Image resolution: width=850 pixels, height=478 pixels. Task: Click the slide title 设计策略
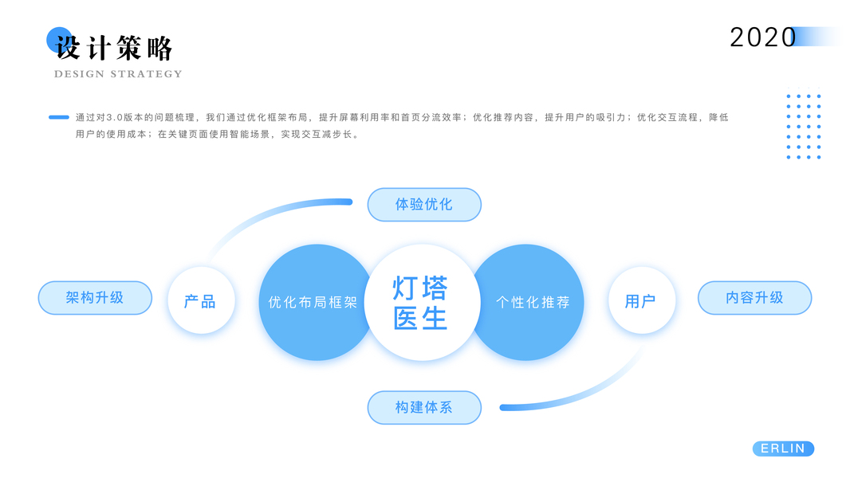(115, 48)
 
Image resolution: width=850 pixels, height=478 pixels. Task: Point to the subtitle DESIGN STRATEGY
(118, 74)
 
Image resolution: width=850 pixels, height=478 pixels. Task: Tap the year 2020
(762, 37)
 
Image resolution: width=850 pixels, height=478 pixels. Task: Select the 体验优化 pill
(424, 205)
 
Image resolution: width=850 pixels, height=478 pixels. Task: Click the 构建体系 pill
(424, 407)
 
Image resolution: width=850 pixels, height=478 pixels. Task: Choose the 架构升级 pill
(95, 298)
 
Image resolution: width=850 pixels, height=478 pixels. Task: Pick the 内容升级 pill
(754, 298)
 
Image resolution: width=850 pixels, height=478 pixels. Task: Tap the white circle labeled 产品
(200, 301)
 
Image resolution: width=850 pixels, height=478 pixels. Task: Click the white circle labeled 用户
(640, 301)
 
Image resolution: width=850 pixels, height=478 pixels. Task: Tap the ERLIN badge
(783, 449)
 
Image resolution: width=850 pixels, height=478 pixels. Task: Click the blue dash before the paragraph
(59, 117)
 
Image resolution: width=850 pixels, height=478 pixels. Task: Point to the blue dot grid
(803, 127)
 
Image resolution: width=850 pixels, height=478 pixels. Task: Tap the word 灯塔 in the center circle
(420, 288)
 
